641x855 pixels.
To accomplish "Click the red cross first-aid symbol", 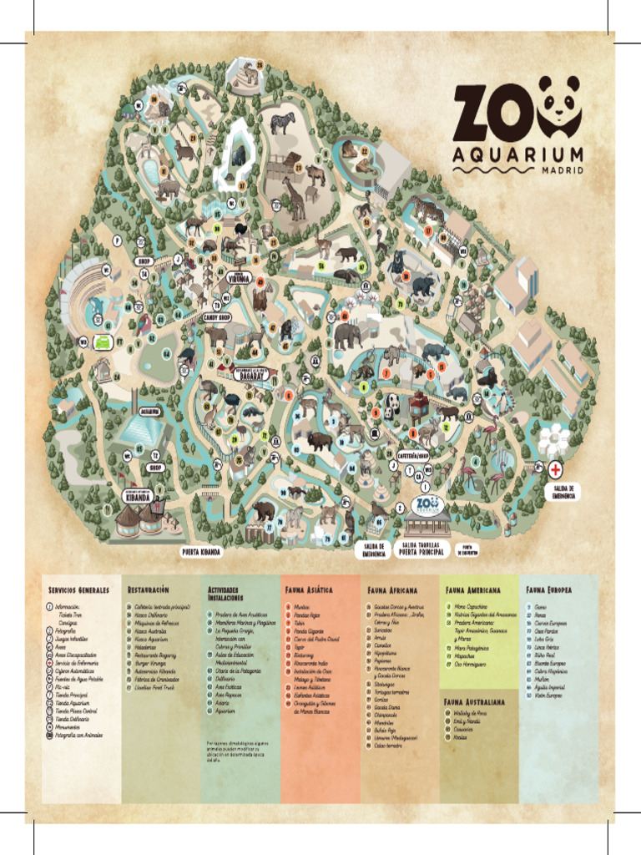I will [554, 471].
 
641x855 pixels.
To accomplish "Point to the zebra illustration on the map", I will [282, 122].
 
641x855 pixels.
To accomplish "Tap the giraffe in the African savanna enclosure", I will [294, 199].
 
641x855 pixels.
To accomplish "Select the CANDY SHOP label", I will [215, 317].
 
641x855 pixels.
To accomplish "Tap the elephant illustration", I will [347, 335].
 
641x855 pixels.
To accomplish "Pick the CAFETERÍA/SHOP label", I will [413, 456].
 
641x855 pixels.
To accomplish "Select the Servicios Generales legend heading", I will [79, 589].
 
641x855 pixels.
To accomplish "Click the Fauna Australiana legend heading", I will [477, 701].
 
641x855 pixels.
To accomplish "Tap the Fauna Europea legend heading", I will [549, 589].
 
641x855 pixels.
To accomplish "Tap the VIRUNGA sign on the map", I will [240, 281].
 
